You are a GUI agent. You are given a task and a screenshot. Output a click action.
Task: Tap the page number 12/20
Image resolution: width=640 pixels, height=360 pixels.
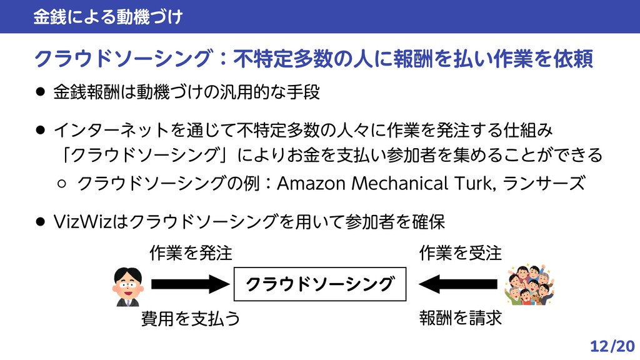[612, 346]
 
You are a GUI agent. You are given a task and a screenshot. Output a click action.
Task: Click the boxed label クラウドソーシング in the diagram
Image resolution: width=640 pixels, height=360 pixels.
[320, 285]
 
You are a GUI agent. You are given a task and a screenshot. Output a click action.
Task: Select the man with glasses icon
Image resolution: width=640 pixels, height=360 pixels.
[126, 287]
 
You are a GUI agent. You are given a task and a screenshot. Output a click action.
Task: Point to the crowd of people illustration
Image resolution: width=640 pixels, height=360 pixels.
[529, 285]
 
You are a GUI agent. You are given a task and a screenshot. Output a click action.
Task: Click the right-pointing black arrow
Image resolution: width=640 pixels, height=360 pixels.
[191, 285]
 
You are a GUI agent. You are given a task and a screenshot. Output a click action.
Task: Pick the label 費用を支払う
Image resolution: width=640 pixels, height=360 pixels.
[191, 319]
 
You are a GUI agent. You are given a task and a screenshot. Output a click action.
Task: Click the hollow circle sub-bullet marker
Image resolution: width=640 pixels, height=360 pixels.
[62, 184]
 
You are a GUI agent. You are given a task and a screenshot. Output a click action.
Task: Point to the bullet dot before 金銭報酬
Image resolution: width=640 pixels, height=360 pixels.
[40, 93]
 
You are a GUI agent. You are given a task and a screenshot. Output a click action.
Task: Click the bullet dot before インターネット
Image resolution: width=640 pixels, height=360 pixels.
[40, 130]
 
